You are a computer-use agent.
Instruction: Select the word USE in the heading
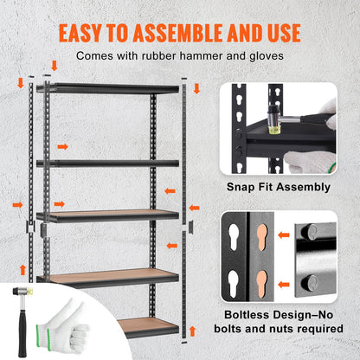tap(281, 33)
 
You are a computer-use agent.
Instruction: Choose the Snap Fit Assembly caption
tap(278, 187)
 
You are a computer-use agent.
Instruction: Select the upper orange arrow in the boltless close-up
tap(283, 234)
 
